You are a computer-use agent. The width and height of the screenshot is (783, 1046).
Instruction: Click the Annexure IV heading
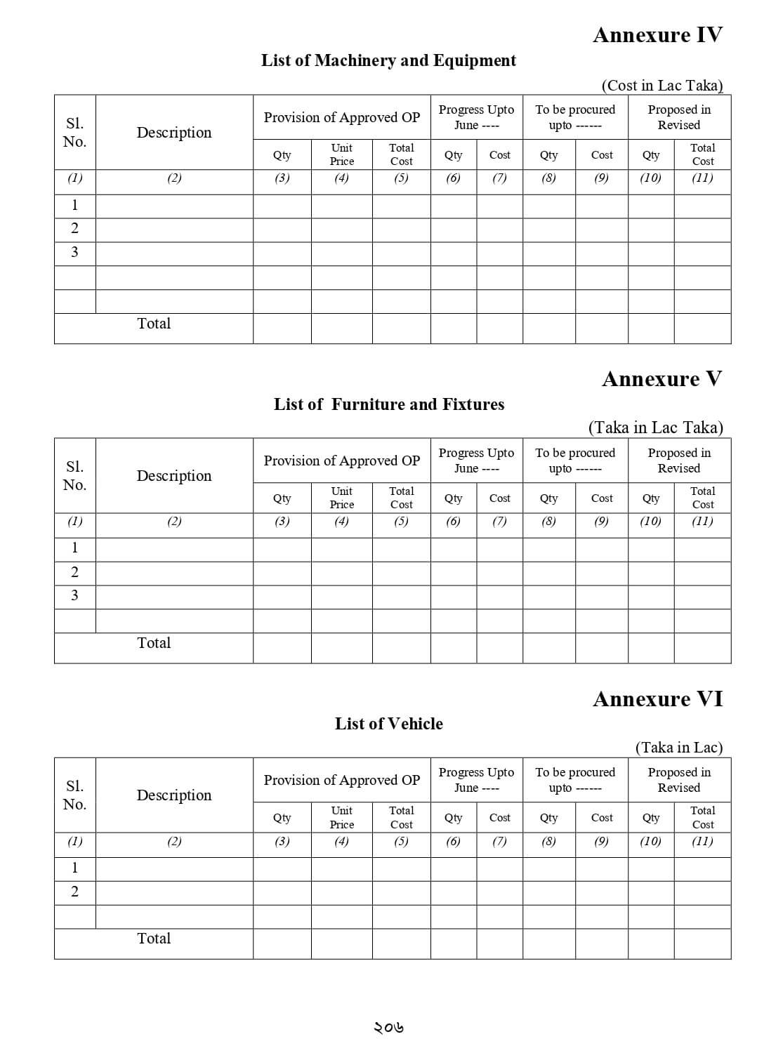click(x=657, y=35)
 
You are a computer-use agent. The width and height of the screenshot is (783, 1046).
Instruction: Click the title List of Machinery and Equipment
click(x=388, y=60)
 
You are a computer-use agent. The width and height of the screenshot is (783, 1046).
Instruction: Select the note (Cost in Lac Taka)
click(x=662, y=86)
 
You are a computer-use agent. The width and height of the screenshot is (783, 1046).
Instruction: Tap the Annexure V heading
click(x=662, y=379)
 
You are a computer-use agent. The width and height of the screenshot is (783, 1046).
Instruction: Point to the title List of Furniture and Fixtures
click(x=388, y=404)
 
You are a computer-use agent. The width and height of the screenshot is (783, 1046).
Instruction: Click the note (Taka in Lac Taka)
click(x=655, y=428)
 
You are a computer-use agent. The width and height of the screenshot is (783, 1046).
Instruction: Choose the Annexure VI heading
click(x=657, y=699)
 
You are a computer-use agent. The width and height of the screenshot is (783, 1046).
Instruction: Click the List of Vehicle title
click(x=388, y=724)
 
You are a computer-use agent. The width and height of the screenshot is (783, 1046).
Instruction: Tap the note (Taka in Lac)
click(x=678, y=748)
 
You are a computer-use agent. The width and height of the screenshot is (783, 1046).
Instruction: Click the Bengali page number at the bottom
click(x=388, y=1028)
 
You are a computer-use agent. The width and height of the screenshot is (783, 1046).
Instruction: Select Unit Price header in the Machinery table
click(x=342, y=154)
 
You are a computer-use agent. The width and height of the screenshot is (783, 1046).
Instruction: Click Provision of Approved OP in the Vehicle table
click(x=342, y=780)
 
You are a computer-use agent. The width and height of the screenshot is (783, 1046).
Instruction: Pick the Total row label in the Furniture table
click(x=154, y=643)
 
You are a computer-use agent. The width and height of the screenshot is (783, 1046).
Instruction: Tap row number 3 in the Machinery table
click(x=74, y=252)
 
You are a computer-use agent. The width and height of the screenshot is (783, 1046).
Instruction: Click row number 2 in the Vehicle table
click(x=74, y=892)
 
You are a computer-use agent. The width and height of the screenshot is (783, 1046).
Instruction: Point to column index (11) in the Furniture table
click(x=702, y=521)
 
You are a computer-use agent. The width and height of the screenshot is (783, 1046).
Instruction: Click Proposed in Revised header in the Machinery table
click(x=679, y=117)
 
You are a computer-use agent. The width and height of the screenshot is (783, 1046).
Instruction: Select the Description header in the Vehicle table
click(x=173, y=795)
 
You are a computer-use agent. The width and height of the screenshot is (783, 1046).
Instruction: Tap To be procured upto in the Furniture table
click(x=575, y=461)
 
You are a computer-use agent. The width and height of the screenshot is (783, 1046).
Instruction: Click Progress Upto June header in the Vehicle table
click(x=476, y=780)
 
